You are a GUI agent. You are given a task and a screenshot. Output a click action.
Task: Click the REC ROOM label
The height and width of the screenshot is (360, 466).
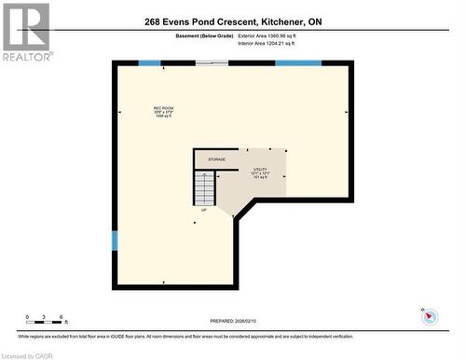[x=164, y=108]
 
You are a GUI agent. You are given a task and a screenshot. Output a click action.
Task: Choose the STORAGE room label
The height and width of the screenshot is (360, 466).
[x=216, y=159]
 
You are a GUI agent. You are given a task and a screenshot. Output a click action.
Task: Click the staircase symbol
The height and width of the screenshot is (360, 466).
[x=205, y=188]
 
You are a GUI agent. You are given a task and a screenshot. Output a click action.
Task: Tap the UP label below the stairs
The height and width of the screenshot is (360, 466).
[x=203, y=210]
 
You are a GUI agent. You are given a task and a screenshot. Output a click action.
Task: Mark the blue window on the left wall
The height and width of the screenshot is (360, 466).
[x=115, y=241]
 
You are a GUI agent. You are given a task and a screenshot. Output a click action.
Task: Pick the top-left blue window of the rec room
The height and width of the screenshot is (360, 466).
[x=149, y=63]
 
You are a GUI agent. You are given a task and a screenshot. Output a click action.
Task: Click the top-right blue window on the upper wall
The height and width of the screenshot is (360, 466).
[x=298, y=63]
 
